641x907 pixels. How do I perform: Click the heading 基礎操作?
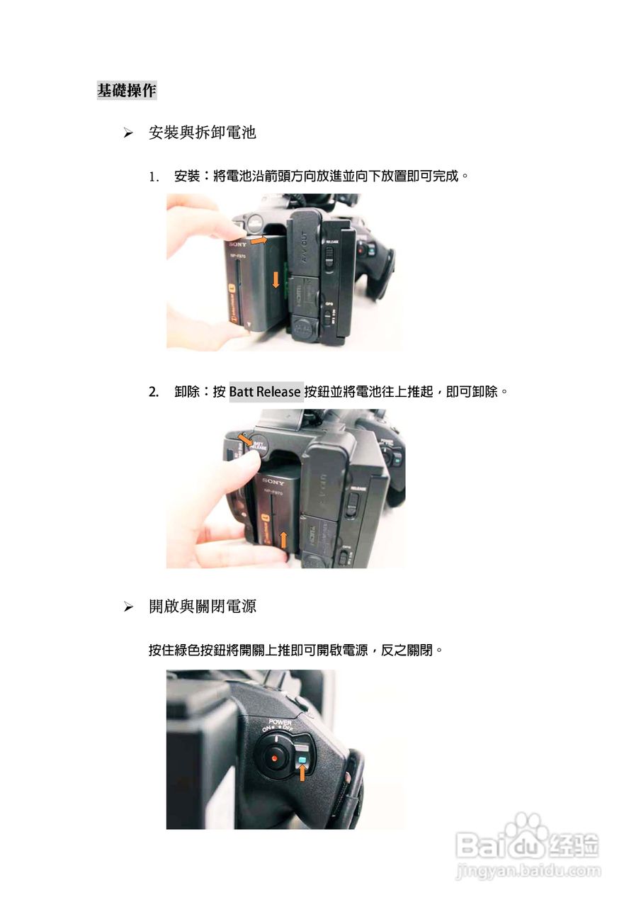click(x=127, y=91)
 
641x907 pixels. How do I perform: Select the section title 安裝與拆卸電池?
click(x=202, y=133)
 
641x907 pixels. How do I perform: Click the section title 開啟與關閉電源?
click(x=202, y=607)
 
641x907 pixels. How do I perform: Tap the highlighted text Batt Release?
click(x=266, y=392)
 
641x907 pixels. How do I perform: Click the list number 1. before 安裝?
click(x=154, y=176)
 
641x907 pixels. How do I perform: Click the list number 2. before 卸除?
click(x=154, y=392)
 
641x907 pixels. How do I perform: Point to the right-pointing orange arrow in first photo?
click(x=259, y=241)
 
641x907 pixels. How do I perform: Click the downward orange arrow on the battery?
click(x=276, y=279)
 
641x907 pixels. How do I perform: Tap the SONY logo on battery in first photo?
click(x=237, y=243)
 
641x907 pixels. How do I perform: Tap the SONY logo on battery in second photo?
click(x=273, y=481)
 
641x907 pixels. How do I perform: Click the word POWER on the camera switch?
click(x=280, y=723)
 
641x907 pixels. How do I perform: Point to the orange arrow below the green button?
click(x=302, y=775)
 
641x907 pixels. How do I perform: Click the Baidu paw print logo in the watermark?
click(x=527, y=828)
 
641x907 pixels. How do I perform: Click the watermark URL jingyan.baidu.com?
click(x=528, y=871)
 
